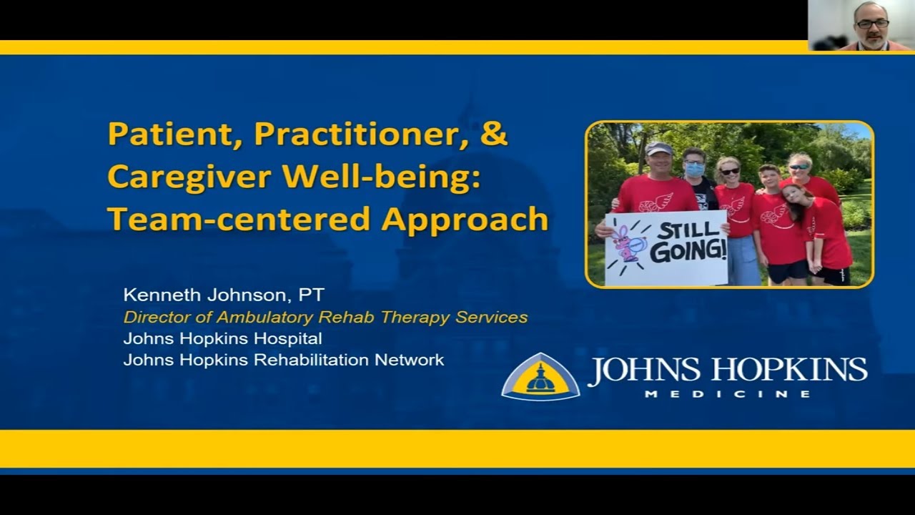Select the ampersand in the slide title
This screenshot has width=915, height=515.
[494, 134]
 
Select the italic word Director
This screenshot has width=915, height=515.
[151, 317]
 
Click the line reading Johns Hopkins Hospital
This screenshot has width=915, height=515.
[222, 338]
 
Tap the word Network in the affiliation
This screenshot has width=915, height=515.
[410, 360]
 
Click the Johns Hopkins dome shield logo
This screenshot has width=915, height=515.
[540, 377]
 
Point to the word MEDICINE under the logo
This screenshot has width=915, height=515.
[727, 394]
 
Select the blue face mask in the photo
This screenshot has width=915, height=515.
[694, 170]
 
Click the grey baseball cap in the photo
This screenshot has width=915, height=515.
[658, 149]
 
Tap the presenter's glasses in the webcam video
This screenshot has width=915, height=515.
[873, 24]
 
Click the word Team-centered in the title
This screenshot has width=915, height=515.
[240, 220]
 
